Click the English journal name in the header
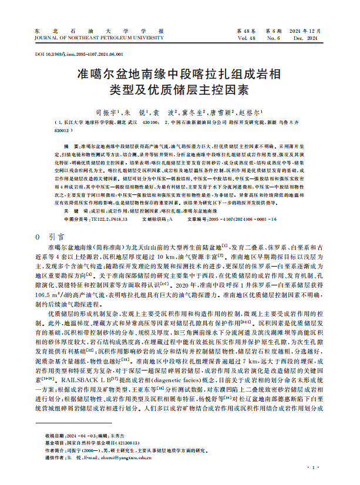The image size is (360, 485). [x=99, y=38]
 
